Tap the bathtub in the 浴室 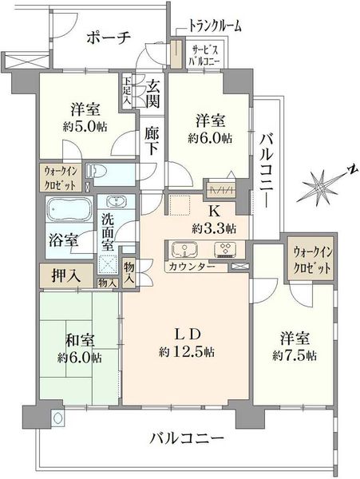(69, 209)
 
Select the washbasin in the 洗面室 (116, 202)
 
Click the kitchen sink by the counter (185, 250)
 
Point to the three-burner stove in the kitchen (226, 249)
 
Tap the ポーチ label (109, 38)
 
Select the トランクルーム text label (216, 26)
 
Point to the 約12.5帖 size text (186, 352)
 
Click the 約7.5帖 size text (295, 355)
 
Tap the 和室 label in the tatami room (80, 340)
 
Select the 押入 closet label (66, 275)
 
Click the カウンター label (192, 267)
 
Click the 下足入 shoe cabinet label (127, 91)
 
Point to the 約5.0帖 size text (85, 126)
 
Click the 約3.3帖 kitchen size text (214, 228)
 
